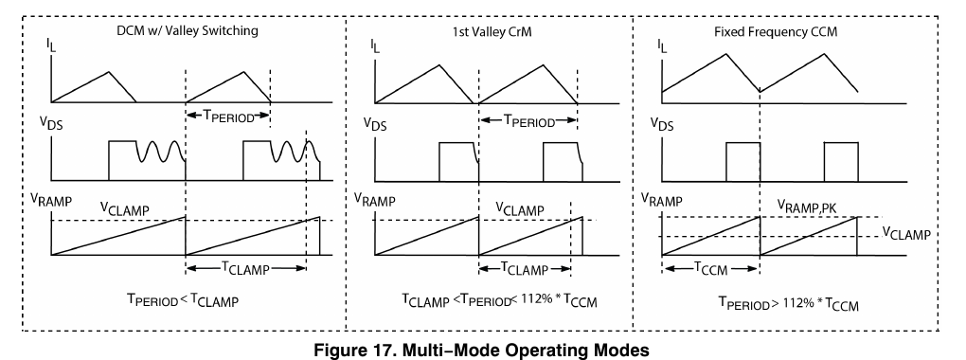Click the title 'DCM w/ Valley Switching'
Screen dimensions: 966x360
188,30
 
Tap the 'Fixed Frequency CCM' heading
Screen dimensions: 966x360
776,32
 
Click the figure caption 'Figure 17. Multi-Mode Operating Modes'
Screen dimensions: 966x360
481,351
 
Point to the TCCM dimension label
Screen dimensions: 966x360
711,268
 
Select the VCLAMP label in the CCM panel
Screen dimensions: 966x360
906,233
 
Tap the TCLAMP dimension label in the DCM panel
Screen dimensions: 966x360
245,268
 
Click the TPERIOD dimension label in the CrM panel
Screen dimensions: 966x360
529,121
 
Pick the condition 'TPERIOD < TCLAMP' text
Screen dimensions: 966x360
183,300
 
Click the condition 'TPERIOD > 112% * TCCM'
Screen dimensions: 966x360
788,303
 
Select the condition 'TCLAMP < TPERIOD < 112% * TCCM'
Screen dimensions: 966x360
500,301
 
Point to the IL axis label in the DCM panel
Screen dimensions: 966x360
50,44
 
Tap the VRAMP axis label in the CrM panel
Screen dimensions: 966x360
375,200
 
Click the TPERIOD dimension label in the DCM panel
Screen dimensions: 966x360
228,117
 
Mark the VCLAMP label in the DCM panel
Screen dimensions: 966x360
125,209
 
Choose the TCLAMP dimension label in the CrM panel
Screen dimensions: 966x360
525,268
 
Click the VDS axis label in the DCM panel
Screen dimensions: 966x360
52,122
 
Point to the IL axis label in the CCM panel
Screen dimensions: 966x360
663,45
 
